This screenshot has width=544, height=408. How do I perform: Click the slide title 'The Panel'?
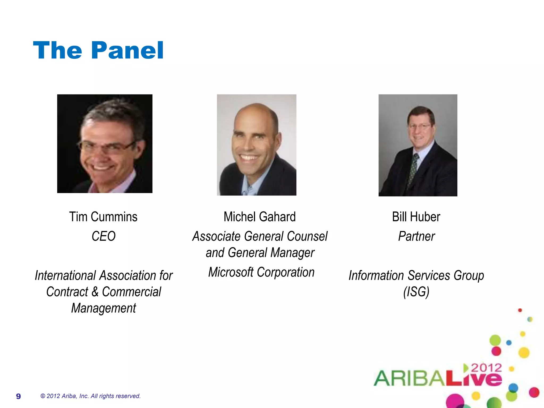(98, 50)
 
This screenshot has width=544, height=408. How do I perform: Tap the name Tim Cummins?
(103, 217)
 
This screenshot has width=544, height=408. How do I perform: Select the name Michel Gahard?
(260, 217)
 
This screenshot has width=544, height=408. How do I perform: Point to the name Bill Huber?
(416, 217)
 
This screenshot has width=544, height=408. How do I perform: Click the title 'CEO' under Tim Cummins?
(104, 236)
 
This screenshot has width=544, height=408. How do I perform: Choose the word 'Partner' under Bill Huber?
(416, 236)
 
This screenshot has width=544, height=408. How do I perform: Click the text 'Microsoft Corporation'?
(261, 272)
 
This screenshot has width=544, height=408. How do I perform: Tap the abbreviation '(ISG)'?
(416, 292)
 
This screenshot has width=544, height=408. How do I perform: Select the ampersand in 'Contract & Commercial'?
(95, 292)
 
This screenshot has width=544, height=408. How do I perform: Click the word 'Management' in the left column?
(104, 308)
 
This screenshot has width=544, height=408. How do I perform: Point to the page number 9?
(18, 396)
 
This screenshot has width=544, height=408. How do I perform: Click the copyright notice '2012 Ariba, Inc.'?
(90, 396)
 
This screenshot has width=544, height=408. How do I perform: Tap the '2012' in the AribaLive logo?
(486, 368)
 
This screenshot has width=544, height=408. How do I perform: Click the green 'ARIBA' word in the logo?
(409, 378)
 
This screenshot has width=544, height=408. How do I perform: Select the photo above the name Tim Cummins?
(105, 144)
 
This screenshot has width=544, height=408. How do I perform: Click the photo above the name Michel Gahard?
(257, 145)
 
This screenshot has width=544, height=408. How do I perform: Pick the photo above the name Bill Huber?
(418, 145)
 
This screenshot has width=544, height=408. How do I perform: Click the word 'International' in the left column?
(65, 275)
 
